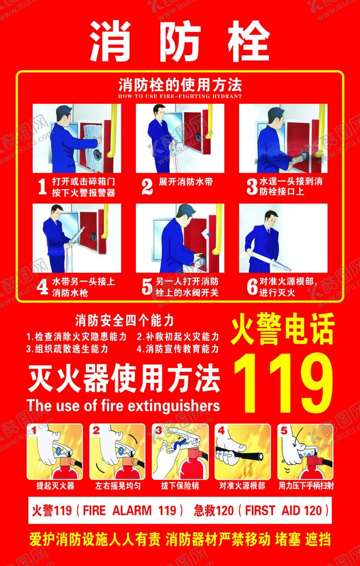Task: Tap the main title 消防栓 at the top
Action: pyautogui.click(x=180, y=41)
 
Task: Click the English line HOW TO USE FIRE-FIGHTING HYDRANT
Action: pyautogui.click(x=180, y=96)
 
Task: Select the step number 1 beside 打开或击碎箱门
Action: pyautogui.click(x=42, y=186)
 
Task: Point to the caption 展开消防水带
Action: pyautogui.click(x=186, y=182)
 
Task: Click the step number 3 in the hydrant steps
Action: pyautogui.click(x=252, y=187)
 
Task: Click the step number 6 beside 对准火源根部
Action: pyautogui.click(x=252, y=287)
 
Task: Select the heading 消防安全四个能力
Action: pyautogui.click(x=124, y=321)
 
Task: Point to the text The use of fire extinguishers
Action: pyautogui.click(x=123, y=406)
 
